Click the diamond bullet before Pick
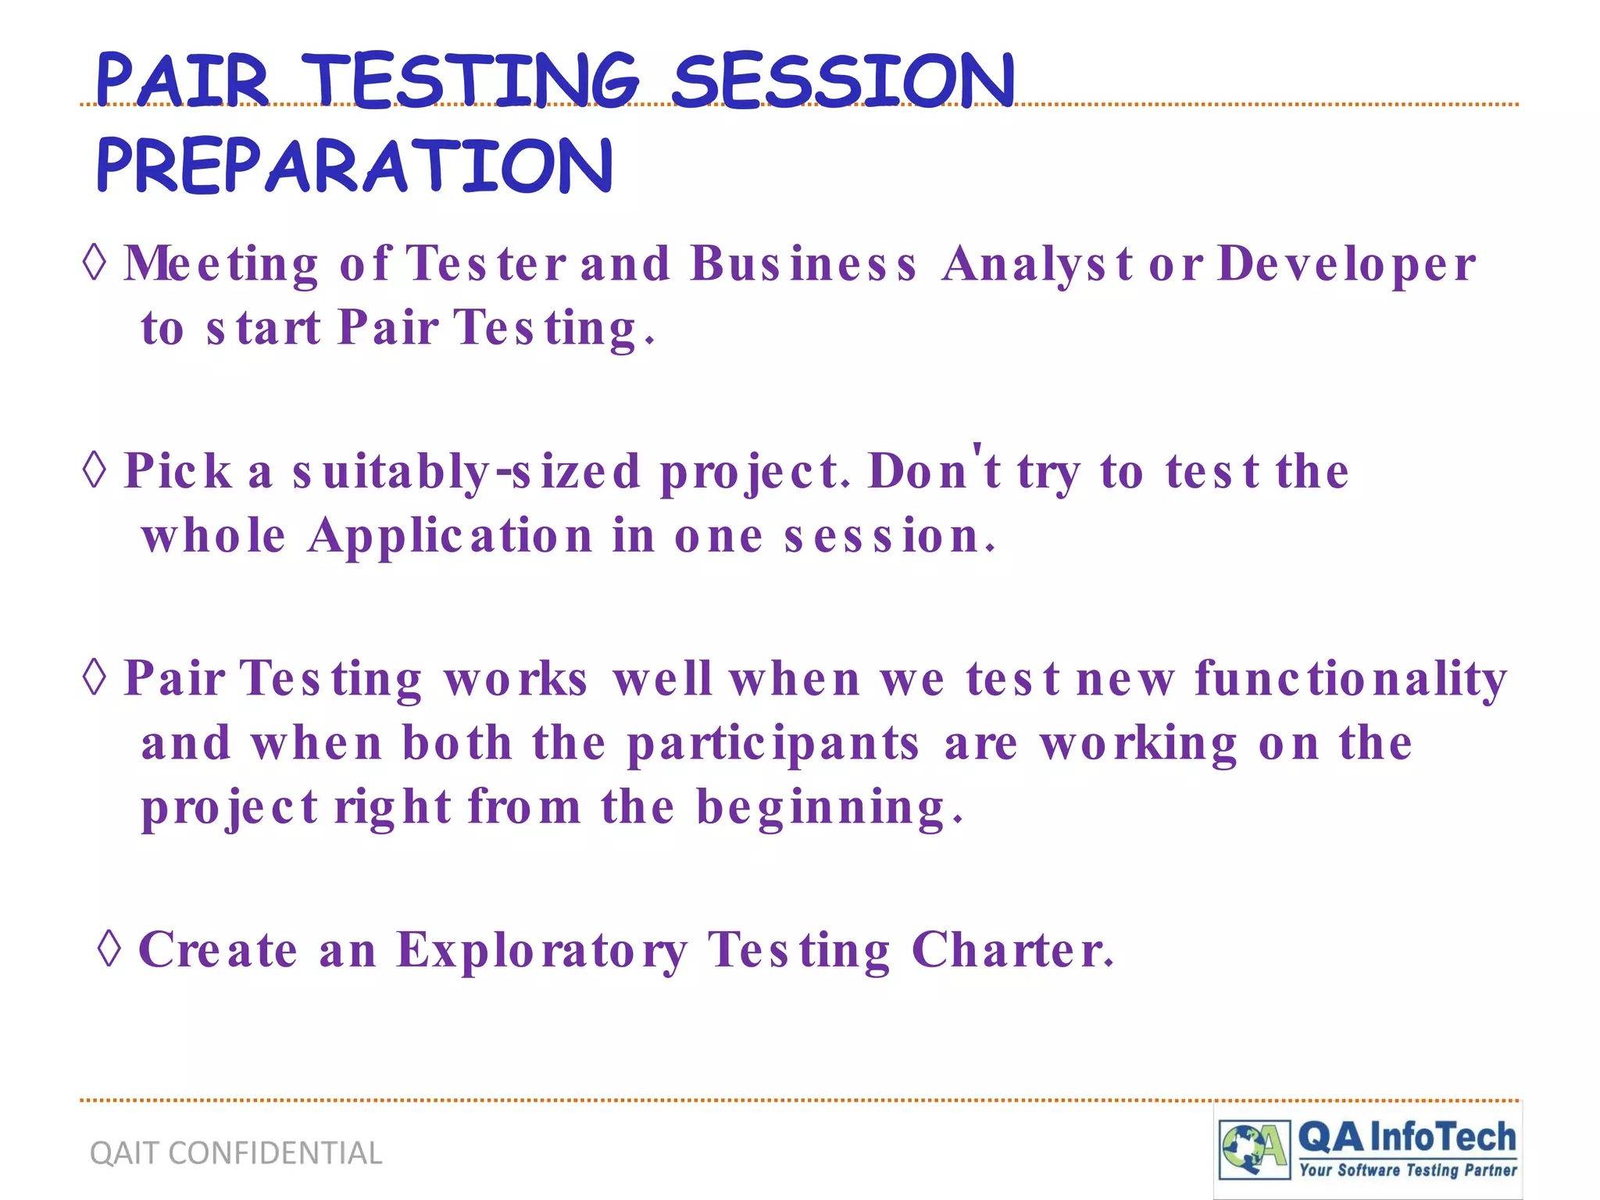click(95, 470)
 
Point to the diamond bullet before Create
click(110, 948)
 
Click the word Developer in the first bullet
click(1346, 264)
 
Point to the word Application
click(450, 537)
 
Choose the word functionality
click(1350, 680)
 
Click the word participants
click(773, 744)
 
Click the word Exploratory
click(542, 952)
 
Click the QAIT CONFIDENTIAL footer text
click(236, 1153)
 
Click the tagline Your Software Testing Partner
click(1408, 1170)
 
